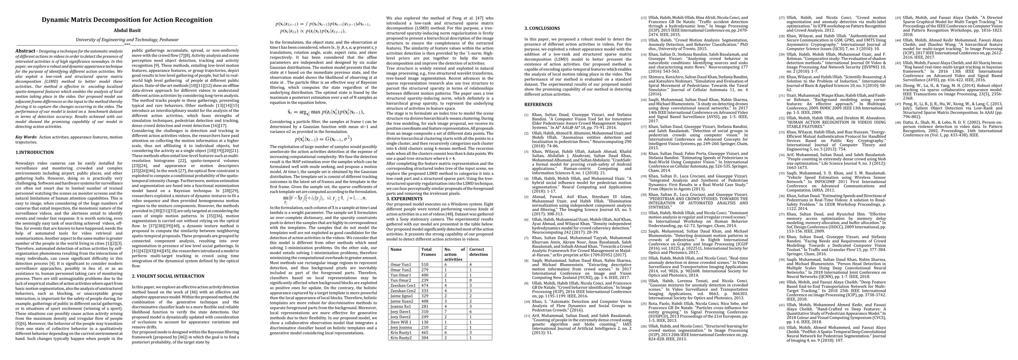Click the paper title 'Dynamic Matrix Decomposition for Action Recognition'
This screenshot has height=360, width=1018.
click(x=127, y=20)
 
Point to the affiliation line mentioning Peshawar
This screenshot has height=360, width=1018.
click(x=127, y=40)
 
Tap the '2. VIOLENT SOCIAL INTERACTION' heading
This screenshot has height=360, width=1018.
click(x=162, y=276)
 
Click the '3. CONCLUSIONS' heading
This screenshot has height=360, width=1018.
click(x=542, y=28)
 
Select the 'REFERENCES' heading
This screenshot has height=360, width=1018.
click(x=538, y=105)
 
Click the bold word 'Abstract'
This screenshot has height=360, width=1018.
click(x=26, y=51)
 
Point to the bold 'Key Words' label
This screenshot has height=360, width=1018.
click(x=26, y=137)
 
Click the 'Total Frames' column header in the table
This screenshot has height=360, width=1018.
click(x=427, y=252)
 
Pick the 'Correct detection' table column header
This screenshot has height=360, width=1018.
click(x=479, y=252)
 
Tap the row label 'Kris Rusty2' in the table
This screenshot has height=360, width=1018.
click(x=402, y=338)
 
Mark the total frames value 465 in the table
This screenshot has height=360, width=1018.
click(x=426, y=333)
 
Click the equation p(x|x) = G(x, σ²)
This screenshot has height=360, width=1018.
click(x=323, y=139)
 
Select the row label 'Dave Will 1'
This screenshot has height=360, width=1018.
click(x=402, y=322)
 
